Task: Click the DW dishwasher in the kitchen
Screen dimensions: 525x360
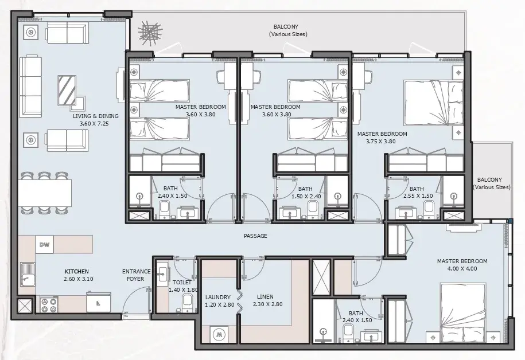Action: click(45, 245)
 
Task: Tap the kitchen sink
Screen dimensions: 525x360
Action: click(27, 275)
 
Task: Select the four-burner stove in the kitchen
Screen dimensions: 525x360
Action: click(49, 304)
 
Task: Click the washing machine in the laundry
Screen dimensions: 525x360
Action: click(219, 334)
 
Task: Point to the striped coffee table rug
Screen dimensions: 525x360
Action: click(67, 90)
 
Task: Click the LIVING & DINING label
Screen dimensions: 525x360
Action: click(96, 116)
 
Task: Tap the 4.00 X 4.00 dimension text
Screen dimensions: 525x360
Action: click(462, 268)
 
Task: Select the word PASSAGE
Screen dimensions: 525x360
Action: click(255, 236)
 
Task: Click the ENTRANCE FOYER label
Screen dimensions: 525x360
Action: click(137, 275)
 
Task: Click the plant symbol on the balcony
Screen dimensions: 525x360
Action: click(150, 33)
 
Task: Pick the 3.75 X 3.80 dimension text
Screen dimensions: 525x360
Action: click(380, 141)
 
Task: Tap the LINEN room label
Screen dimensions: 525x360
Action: click(265, 297)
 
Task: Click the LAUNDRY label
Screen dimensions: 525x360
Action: click(218, 297)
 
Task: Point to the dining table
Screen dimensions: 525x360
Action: click(45, 193)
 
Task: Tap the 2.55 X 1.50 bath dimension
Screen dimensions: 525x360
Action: click(418, 196)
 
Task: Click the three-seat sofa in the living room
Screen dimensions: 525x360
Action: click(30, 87)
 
